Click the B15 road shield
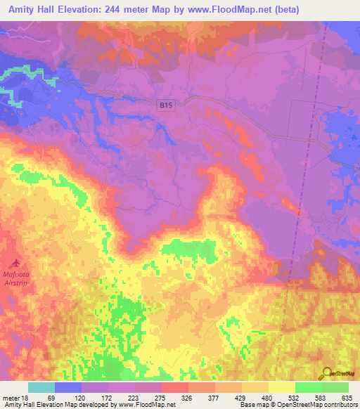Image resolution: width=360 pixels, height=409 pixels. [x=165, y=105]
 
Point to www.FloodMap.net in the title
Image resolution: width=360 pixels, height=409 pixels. [x=238, y=10]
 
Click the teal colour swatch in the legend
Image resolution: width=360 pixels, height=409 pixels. [x=41, y=387]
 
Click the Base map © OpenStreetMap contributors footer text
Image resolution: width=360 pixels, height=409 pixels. [x=297, y=404]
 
